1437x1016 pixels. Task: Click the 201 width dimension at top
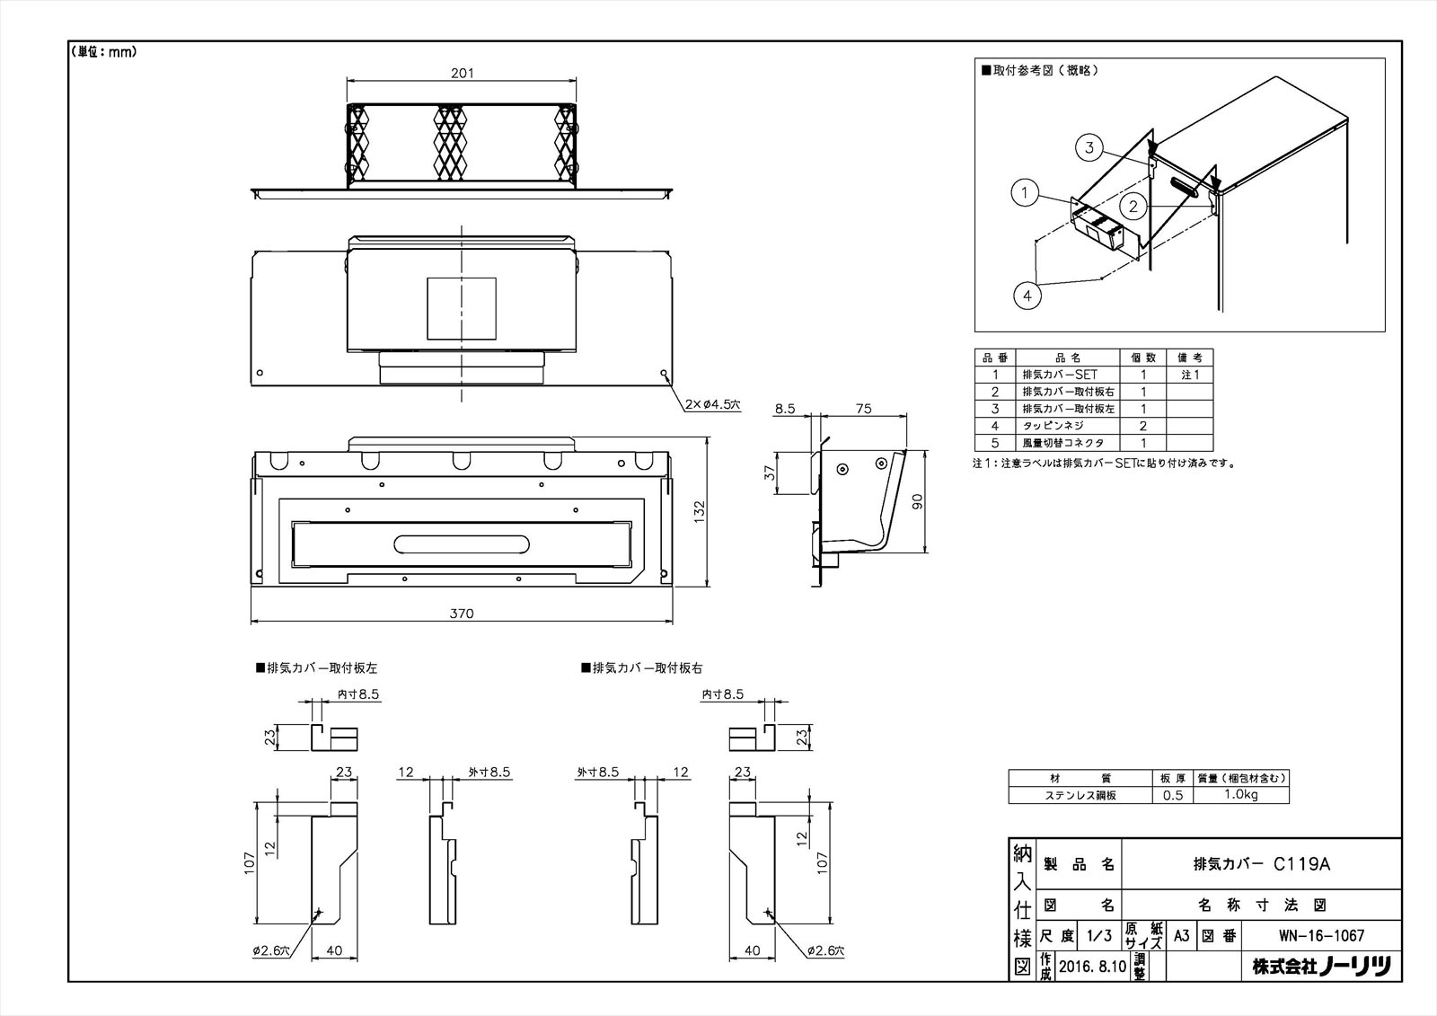coord(461,73)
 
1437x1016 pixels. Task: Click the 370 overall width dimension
coord(461,614)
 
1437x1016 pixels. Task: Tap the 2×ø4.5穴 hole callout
coord(710,405)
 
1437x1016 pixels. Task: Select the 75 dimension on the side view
coord(863,408)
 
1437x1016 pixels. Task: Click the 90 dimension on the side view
coord(918,501)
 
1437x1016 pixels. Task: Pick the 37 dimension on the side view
coord(770,473)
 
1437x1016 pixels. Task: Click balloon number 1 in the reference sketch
coord(1024,192)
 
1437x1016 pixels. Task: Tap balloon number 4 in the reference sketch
coord(1027,294)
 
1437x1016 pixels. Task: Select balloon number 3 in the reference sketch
coord(1089,147)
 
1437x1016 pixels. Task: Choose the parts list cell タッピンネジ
coord(1054,426)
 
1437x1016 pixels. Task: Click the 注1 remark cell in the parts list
coord(1190,375)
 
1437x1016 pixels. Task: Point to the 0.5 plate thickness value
coord(1172,795)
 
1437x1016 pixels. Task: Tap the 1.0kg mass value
coord(1241,795)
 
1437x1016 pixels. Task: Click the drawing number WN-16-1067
coord(1321,935)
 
